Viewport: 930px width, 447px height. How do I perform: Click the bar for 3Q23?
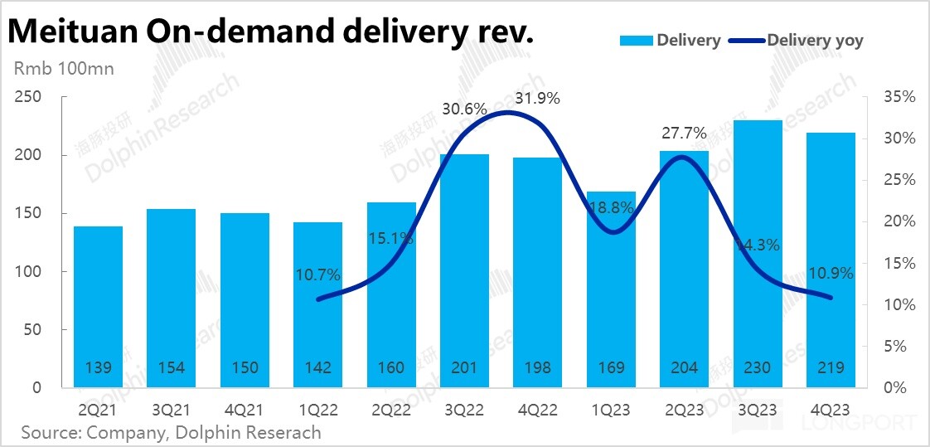click(758, 249)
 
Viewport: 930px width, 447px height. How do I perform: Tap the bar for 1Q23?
click(611, 290)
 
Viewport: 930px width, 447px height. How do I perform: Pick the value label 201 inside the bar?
click(464, 367)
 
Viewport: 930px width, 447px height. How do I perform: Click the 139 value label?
click(98, 367)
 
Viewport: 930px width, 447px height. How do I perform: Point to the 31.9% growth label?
click(538, 99)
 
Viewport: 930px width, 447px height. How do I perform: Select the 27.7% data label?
click(684, 133)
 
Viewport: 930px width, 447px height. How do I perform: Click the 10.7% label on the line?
click(317, 275)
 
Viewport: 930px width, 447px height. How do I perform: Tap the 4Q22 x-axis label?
click(538, 410)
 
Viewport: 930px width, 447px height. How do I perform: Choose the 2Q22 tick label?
click(391, 410)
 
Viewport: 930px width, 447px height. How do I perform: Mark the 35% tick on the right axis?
click(899, 98)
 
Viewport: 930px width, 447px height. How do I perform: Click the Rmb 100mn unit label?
click(65, 68)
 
